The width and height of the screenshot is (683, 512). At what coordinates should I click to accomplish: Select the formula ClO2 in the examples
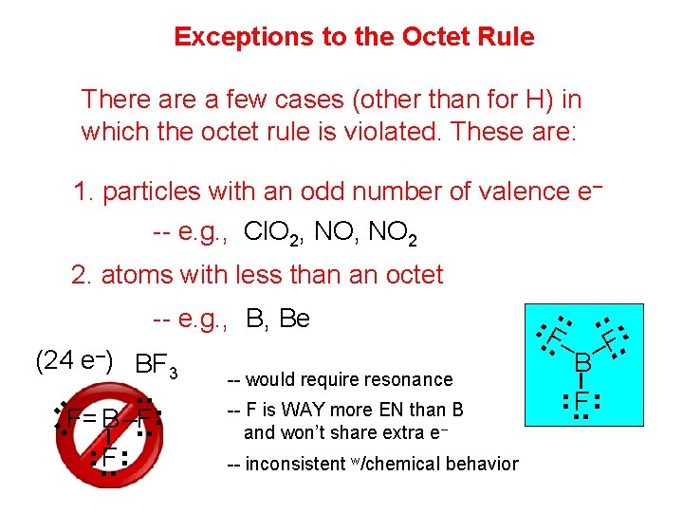click(x=272, y=231)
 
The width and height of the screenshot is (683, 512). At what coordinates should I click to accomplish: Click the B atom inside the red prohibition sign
click(x=111, y=418)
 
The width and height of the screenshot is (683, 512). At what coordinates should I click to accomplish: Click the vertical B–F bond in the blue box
click(x=582, y=381)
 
